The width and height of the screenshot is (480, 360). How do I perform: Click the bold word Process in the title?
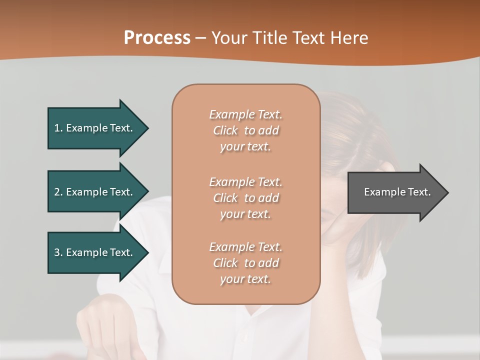pos(157,38)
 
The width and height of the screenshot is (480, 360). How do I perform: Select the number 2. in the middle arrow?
pos(58,192)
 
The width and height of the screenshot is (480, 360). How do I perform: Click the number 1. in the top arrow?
pos(58,128)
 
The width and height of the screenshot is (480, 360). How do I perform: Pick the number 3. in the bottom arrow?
pos(58,252)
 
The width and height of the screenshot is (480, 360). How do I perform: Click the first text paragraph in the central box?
pos(246,130)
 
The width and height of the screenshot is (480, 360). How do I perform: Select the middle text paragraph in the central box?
pos(246,198)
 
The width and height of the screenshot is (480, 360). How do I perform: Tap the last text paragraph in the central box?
pos(246,263)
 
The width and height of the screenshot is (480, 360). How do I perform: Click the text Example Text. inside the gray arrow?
pos(397,192)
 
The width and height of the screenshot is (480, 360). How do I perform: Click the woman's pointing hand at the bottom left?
pos(97,330)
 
